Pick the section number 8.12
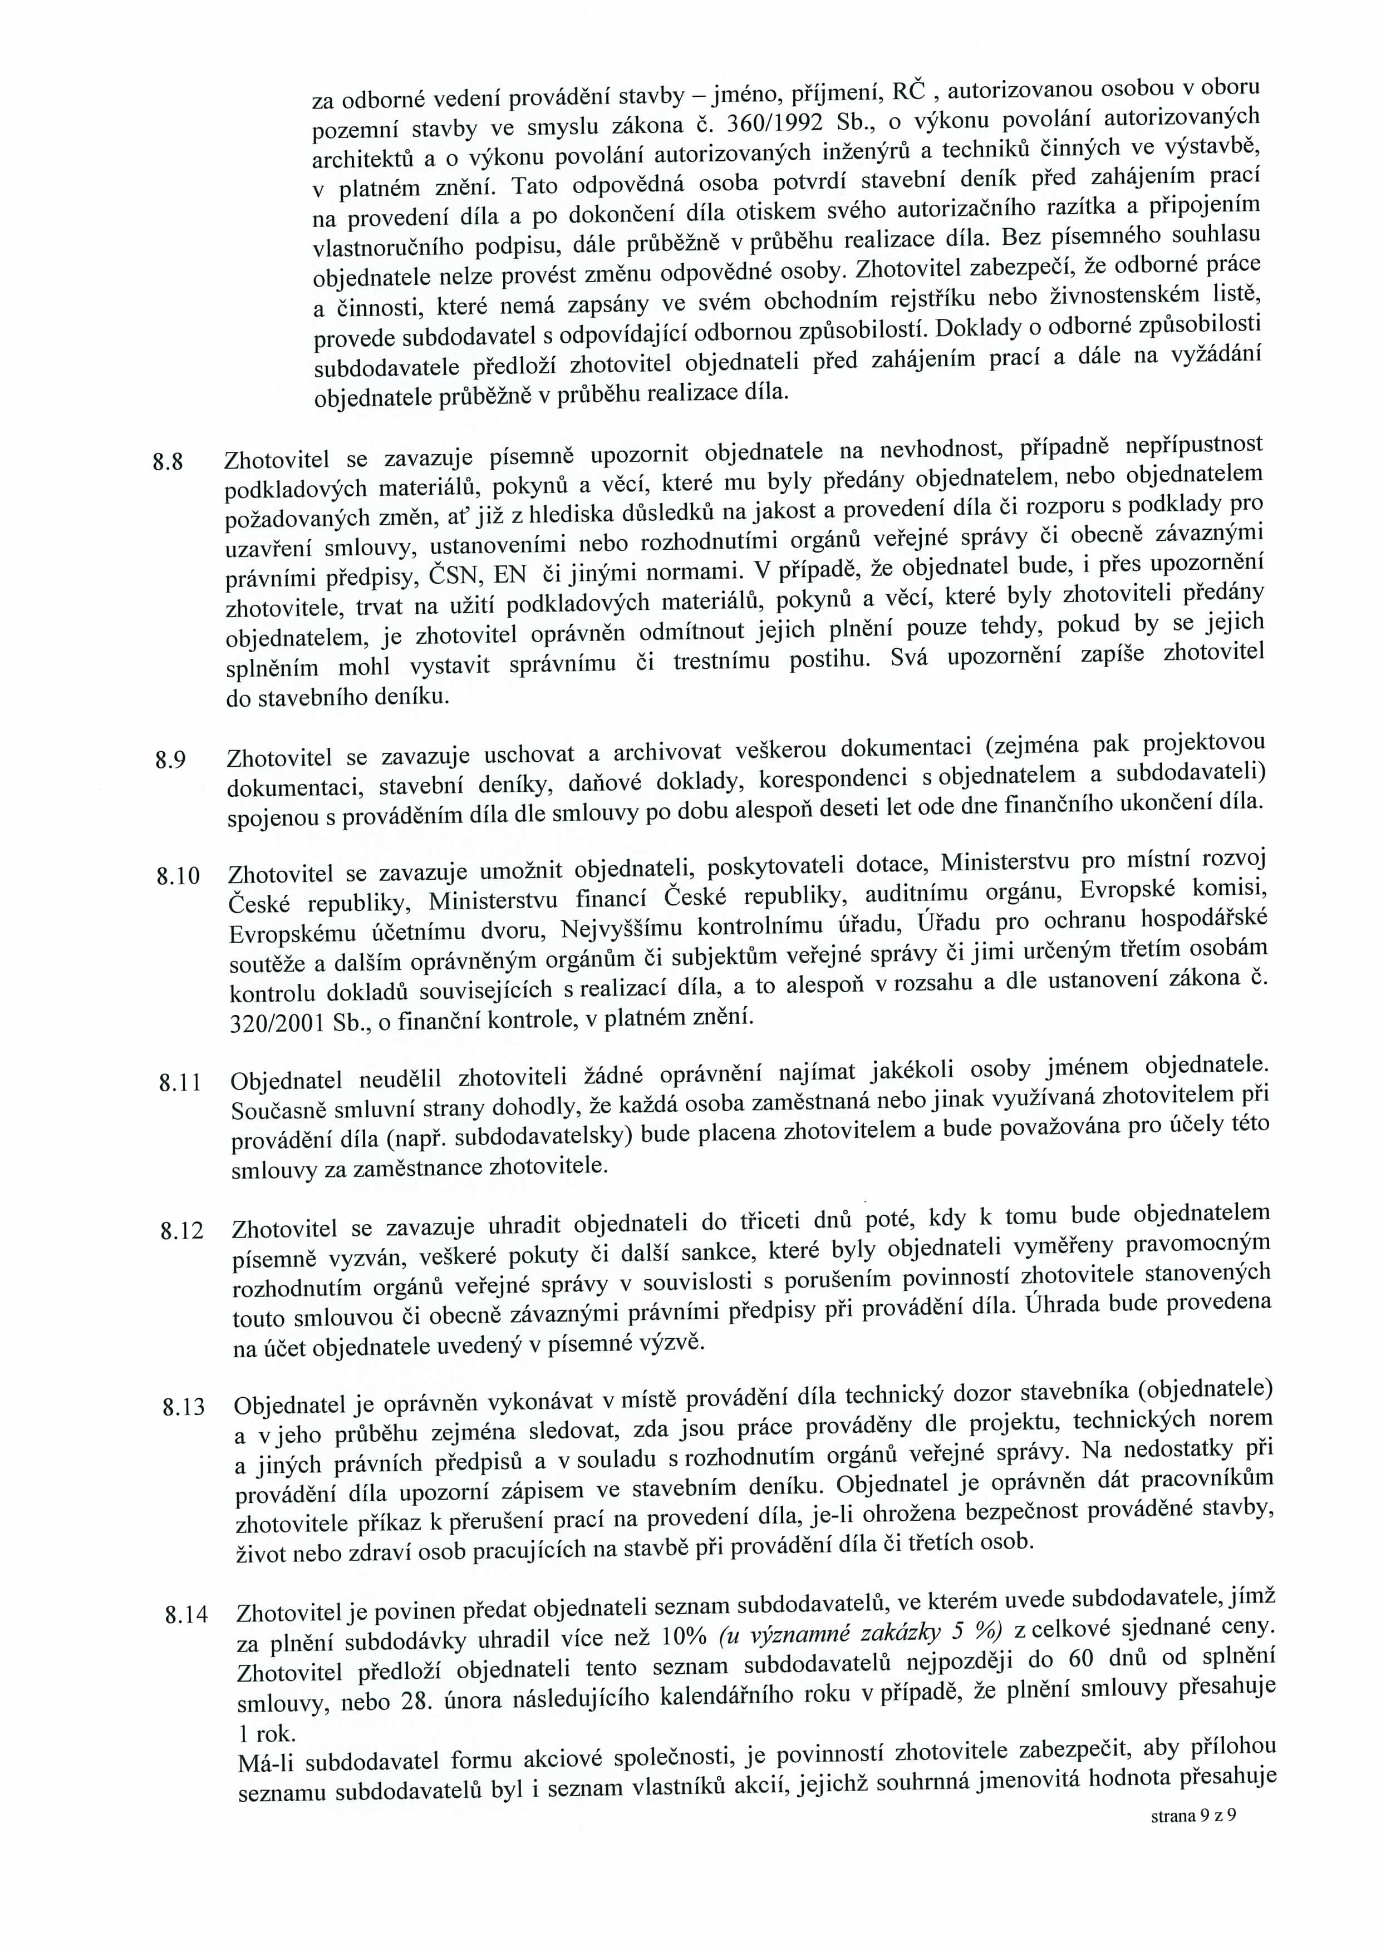tap(181, 1231)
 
